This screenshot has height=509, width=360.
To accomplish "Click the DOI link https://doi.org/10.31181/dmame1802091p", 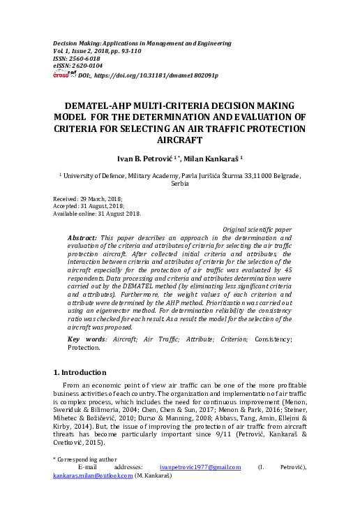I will [156, 75].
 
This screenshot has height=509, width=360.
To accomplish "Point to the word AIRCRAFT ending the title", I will [180, 140].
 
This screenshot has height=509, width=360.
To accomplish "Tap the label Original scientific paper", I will [257, 229].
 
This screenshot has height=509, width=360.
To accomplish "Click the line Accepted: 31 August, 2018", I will [89, 207].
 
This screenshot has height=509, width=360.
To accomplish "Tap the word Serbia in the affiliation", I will [180, 185].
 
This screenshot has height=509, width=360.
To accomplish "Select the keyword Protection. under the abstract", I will [84, 347].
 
